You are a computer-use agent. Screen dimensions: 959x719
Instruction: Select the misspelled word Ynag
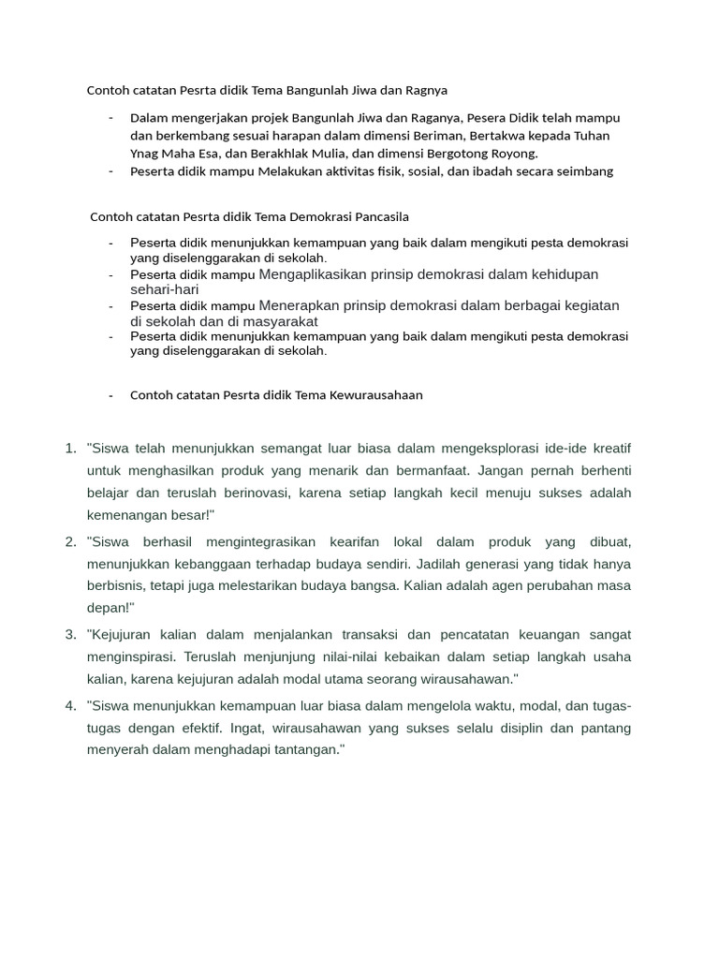pyautogui.click(x=146, y=154)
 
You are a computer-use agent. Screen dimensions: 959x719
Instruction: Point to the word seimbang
pyautogui.click(x=586, y=171)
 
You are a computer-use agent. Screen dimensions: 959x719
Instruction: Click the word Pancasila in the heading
pyautogui.click(x=377, y=216)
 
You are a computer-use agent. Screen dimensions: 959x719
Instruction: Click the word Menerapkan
pyautogui.click(x=301, y=306)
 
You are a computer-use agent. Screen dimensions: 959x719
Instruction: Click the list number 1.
pyautogui.click(x=71, y=448)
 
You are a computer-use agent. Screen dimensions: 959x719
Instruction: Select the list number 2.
pyautogui.click(x=71, y=541)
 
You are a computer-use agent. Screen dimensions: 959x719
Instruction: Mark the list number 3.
pyautogui.click(x=71, y=635)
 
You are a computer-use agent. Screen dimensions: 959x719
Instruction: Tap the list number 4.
pyautogui.click(x=71, y=705)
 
